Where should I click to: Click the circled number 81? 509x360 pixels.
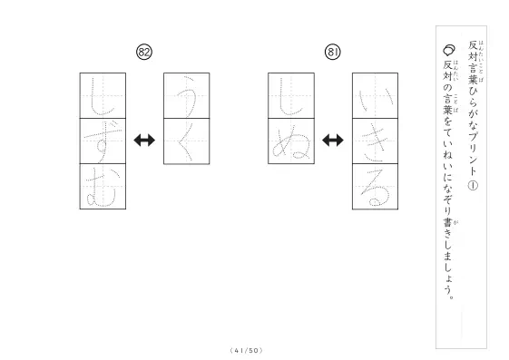pos(332,52)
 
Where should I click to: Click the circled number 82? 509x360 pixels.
pos(144,52)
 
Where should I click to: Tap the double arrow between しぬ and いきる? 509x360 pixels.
pos(333,141)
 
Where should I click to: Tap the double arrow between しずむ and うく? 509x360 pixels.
pos(144,141)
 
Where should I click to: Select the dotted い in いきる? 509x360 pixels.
pos(376,100)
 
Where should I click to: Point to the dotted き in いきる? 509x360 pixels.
pos(375,141)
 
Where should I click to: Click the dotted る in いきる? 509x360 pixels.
pos(375,188)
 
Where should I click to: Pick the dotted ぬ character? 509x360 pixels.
pos(291,143)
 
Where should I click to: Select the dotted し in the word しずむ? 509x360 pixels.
pos(102,97)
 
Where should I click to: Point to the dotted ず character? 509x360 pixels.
pos(103,141)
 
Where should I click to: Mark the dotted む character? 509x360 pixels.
pos(102,188)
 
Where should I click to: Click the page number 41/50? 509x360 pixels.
pos(246,351)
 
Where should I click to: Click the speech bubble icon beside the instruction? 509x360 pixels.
pos(448,50)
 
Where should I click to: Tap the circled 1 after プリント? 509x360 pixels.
pos(473,185)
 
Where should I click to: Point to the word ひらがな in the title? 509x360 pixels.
pos(473,106)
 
